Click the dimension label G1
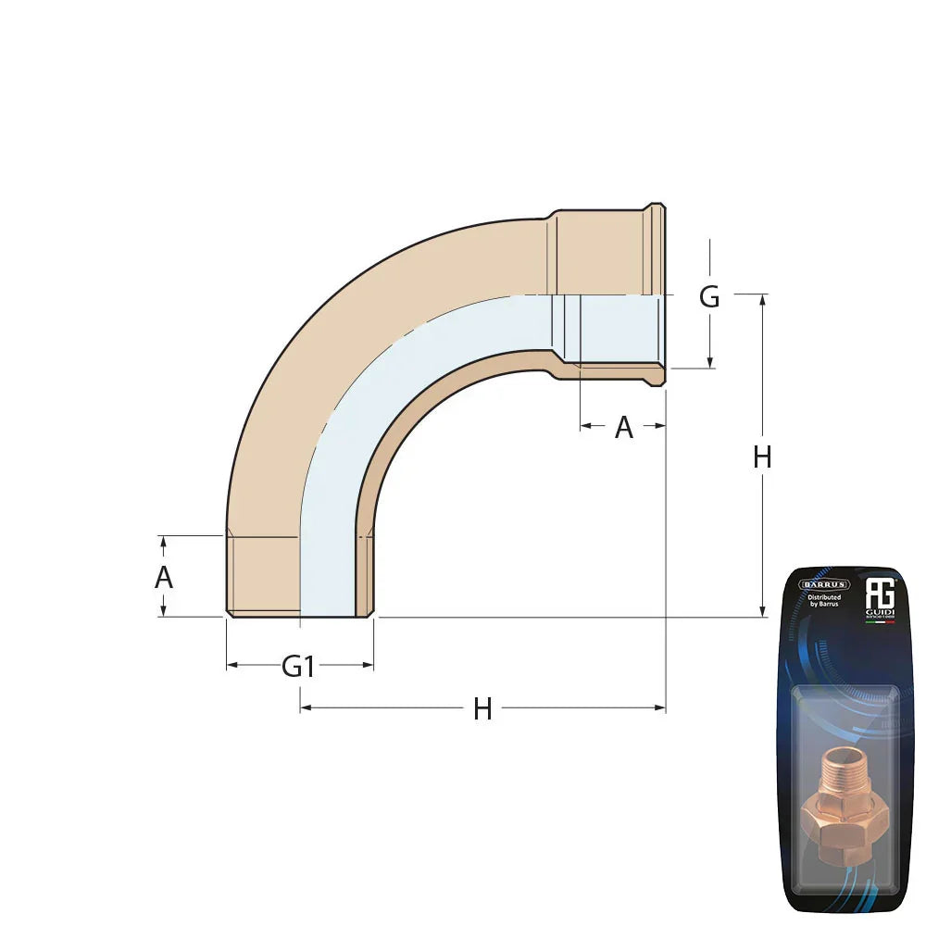(x=298, y=666)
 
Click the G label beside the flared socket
(x=709, y=297)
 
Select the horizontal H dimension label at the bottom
(x=482, y=709)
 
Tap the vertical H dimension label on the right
(x=762, y=457)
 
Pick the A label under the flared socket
(x=624, y=428)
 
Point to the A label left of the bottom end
(x=164, y=578)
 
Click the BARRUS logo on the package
(x=824, y=584)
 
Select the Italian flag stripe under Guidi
(x=878, y=622)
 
